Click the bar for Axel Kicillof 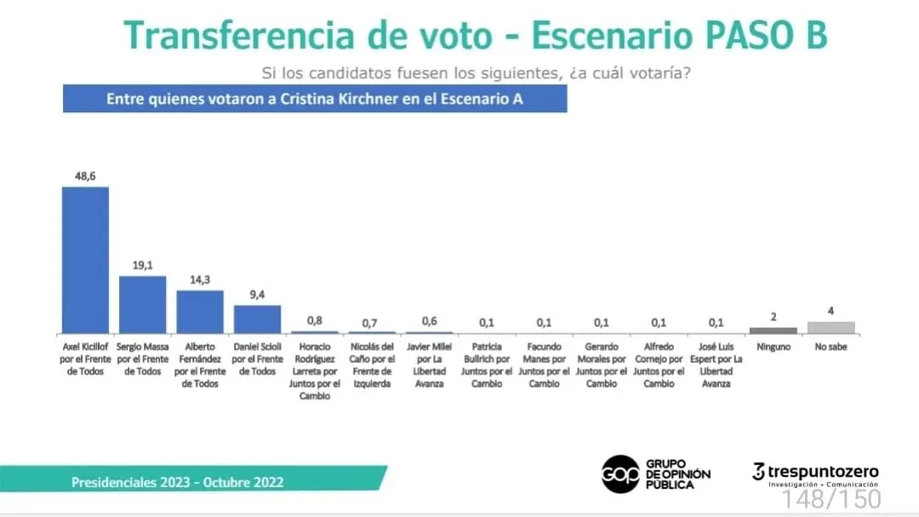[x=85, y=260]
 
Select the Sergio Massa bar [x=142, y=304]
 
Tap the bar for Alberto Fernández [x=200, y=311]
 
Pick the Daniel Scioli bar [x=257, y=319]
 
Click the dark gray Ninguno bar [x=773, y=330]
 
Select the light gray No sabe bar [x=831, y=327]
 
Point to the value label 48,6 [x=85, y=176]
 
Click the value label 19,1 [x=142, y=266]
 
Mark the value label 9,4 [x=257, y=295]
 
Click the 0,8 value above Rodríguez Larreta [x=315, y=321]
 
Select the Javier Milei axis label [x=429, y=365]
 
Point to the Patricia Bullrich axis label [x=486, y=365]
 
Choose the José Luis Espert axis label [x=716, y=365]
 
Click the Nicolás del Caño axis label [x=372, y=365]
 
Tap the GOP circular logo [x=620, y=474]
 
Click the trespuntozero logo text [x=822, y=472]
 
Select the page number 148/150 [x=831, y=497]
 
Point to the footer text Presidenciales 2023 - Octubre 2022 [x=177, y=482]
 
